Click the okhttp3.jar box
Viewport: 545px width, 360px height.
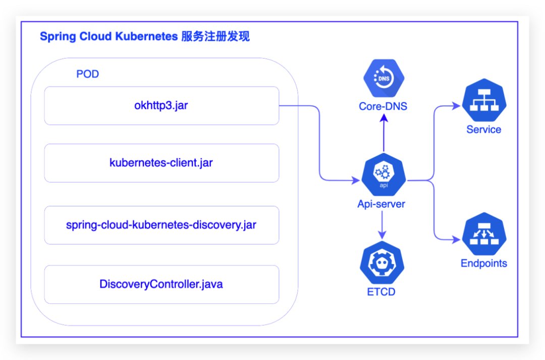point(161,106)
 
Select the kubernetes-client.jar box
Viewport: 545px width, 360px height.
point(161,163)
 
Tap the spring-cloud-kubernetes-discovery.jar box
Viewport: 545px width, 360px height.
point(161,225)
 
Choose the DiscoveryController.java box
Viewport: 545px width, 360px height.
point(161,285)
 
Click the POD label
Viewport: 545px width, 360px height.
point(88,74)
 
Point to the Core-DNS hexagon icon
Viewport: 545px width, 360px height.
point(384,78)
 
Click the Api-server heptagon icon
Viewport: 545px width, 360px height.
point(384,175)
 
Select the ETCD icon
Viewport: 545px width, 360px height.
point(382,263)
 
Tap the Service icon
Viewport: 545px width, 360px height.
point(484,100)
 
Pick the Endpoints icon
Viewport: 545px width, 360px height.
point(484,234)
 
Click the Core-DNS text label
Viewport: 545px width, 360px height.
point(383,106)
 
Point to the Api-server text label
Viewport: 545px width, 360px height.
point(381,204)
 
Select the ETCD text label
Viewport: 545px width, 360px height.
point(381,292)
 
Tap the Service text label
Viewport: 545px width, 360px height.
point(484,129)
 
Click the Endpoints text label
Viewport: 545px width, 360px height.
point(484,263)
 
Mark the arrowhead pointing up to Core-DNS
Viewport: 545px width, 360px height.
point(384,118)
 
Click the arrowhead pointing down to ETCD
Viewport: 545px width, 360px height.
point(382,235)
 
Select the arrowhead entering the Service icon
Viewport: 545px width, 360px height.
point(456,106)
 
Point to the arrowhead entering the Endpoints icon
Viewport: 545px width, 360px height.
point(456,239)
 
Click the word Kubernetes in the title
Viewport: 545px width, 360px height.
point(146,36)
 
